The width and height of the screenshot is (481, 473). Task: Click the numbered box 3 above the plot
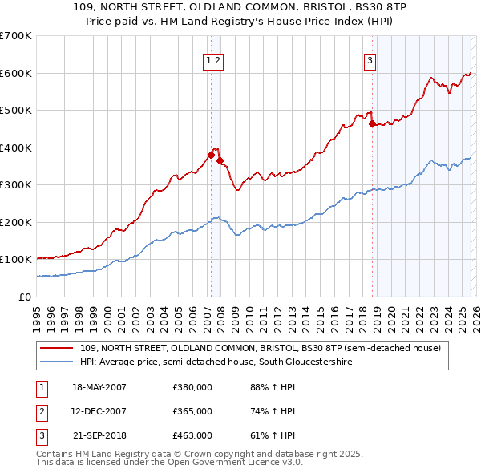click(370, 59)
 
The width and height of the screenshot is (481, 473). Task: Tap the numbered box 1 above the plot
click(208, 59)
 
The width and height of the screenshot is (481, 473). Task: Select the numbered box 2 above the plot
click(218, 59)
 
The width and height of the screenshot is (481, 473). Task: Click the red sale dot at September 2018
click(372, 123)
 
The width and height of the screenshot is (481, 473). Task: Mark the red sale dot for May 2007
click(211, 155)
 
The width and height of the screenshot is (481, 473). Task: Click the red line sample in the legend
click(56, 349)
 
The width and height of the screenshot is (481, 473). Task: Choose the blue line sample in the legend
click(56, 362)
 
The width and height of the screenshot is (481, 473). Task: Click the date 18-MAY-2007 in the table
click(99, 387)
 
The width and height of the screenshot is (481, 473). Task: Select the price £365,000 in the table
click(192, 411)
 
